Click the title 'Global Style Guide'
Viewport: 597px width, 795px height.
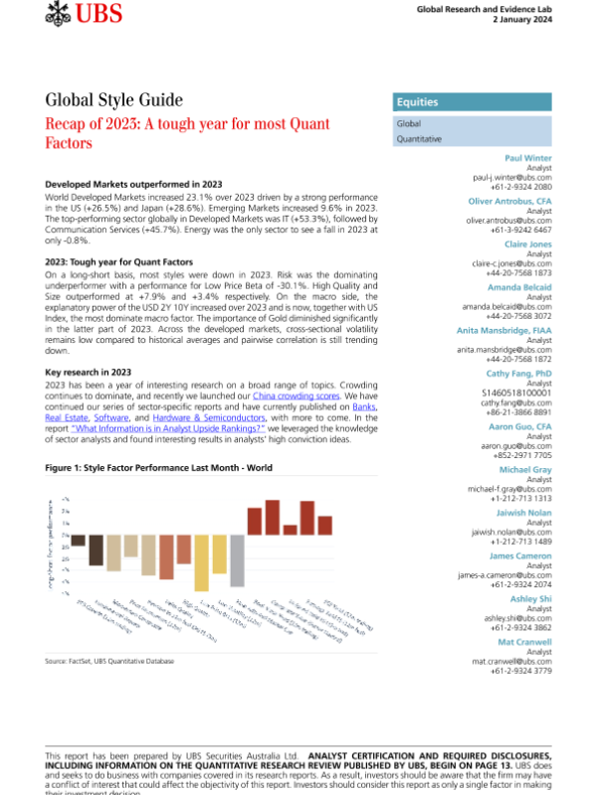114,99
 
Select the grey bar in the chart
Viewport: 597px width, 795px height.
237,560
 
